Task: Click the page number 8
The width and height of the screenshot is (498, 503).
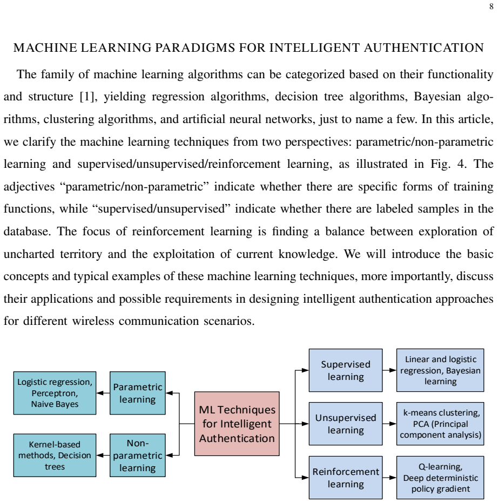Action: [x=492, y=6]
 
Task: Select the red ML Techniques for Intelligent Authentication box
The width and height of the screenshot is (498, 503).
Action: [x=237, y=424]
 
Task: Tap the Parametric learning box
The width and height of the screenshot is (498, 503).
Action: [x=137, y=393]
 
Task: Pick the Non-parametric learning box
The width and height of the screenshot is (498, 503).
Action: [x=137, y=455]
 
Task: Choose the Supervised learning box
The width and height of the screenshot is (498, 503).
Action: [x=346, y=370]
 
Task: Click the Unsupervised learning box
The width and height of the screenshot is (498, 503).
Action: [x=346, y=424]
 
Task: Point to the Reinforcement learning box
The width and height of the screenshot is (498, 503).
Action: [x=346, y=477]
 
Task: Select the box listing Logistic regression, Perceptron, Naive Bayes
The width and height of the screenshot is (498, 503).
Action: [x=55, y=393]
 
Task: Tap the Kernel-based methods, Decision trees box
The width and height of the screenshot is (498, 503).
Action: [x=55, y=455]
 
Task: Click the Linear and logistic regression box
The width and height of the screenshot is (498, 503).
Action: [x=440, y=370]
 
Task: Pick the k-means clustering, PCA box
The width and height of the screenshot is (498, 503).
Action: [x=440, y=424]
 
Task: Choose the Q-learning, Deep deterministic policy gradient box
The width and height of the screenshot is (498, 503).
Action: [x=440, y=477]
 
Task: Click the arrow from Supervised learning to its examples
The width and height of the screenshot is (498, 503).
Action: [x=389, y=370]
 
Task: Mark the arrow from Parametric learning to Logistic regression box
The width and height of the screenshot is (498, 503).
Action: [x=103, y=393]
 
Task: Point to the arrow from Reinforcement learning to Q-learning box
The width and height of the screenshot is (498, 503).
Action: [x=389, y=477]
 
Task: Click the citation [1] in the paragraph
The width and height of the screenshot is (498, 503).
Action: [x=88, y=97]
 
